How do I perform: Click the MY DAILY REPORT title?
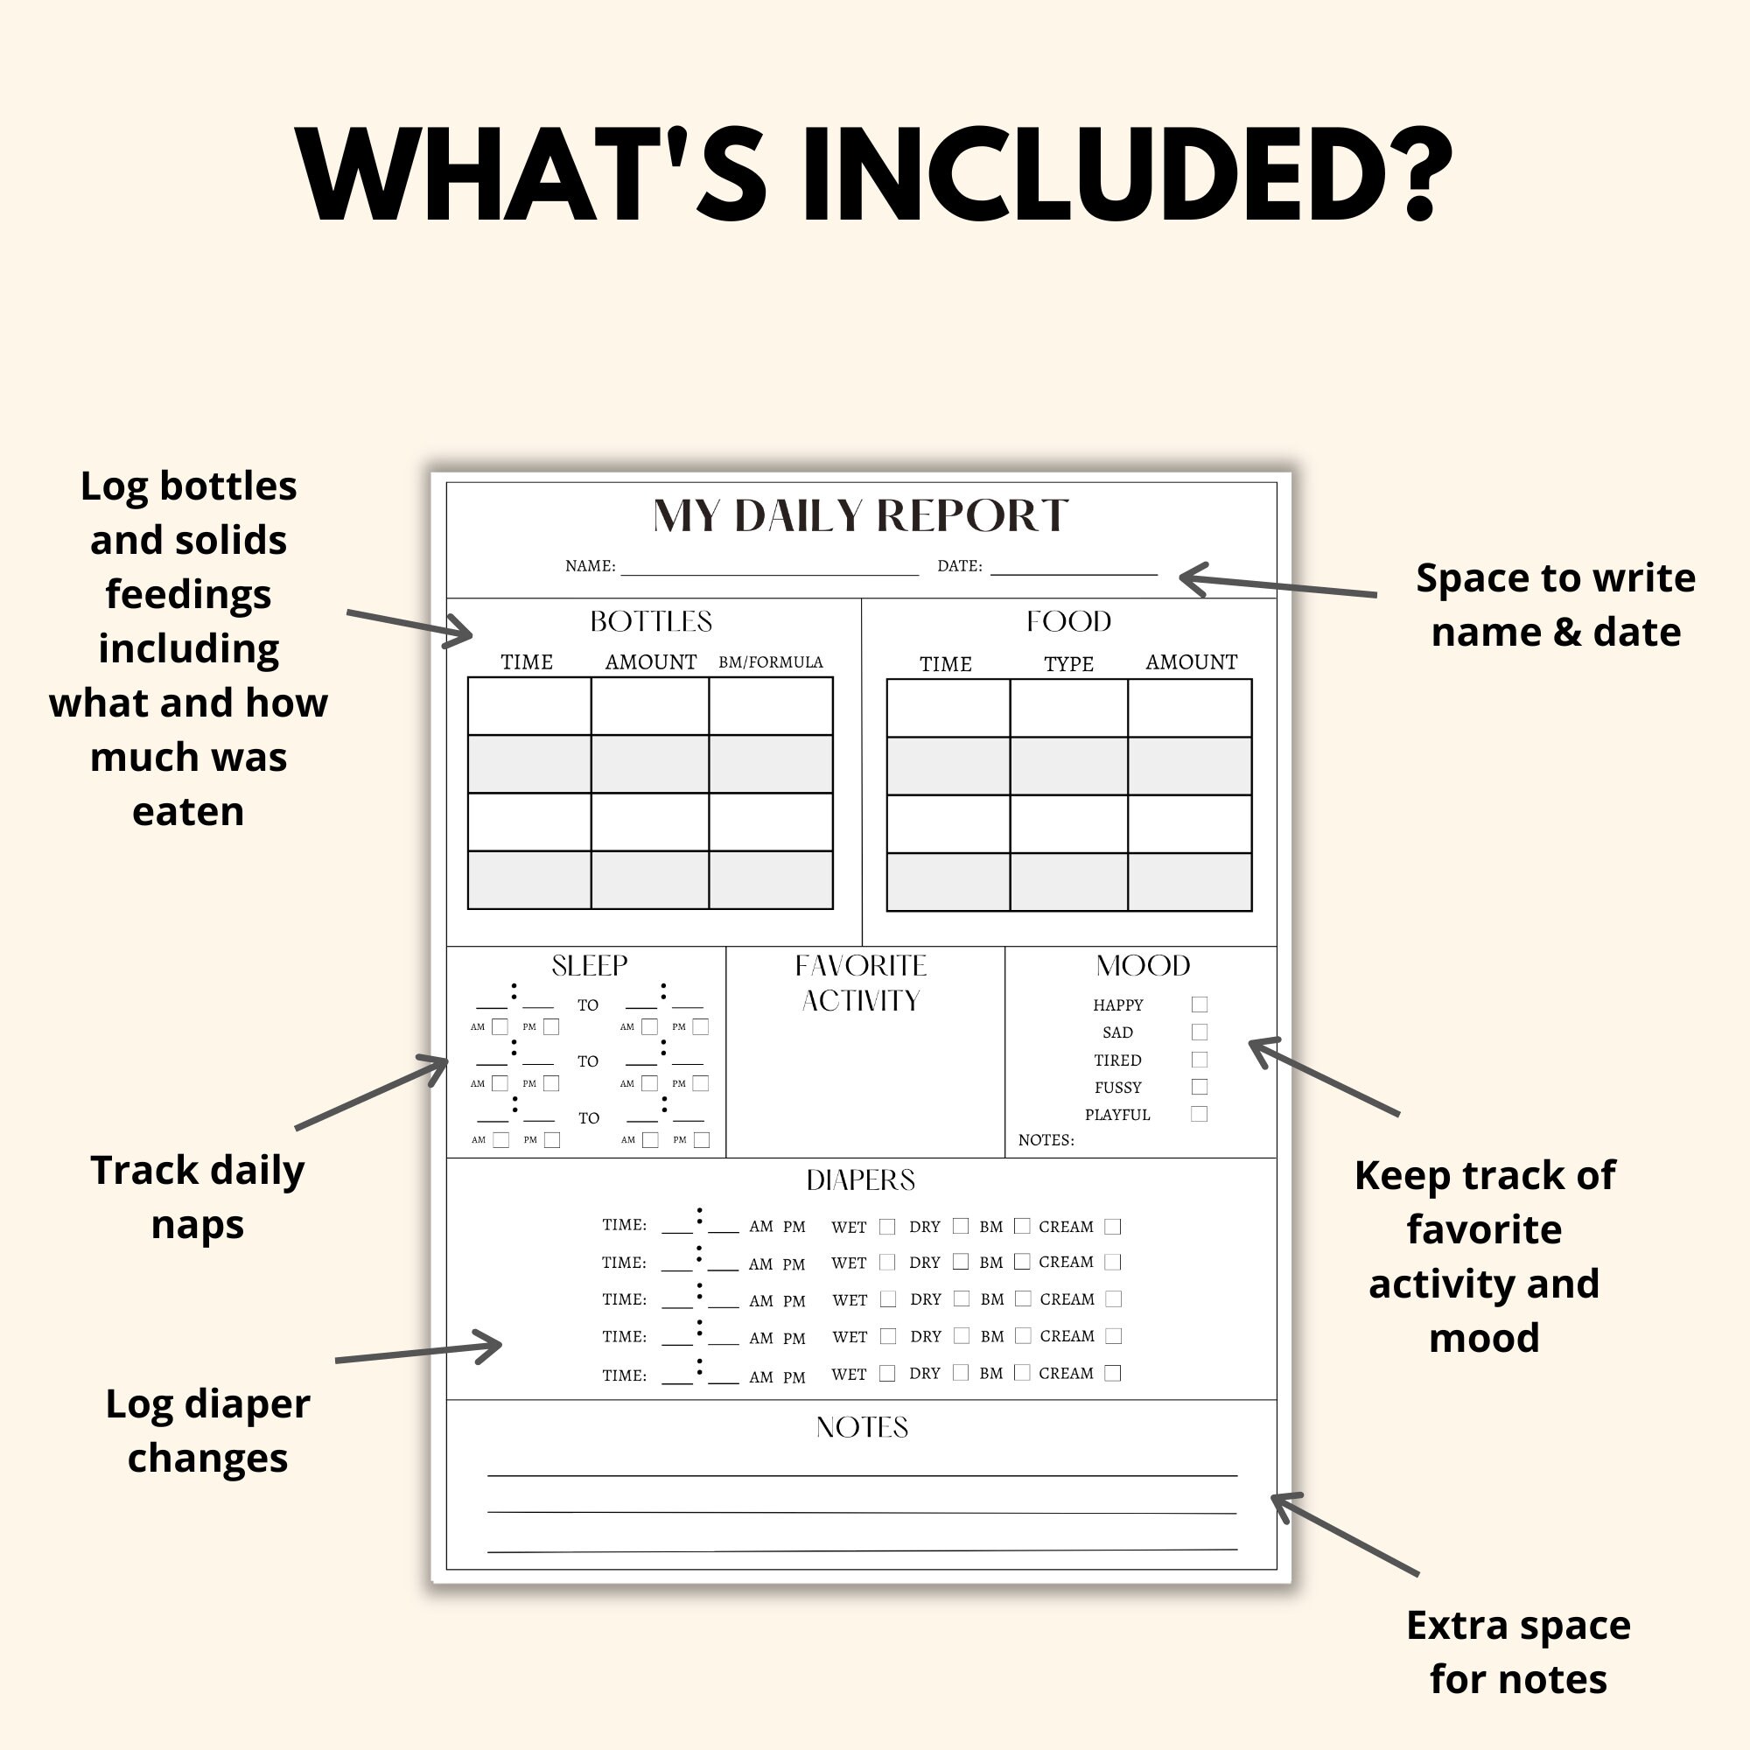click(860, 516)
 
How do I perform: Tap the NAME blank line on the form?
click(770, 570)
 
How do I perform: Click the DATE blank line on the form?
click(1074, 570)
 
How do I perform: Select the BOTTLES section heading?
click(651, 621)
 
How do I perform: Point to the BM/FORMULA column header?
click(771, 662)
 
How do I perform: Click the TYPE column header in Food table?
click(1069, 664)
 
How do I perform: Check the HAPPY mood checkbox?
click(1200, 1004)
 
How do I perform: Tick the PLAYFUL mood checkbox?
click(1200, 1114)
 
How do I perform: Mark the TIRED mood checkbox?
click(1200, 1060)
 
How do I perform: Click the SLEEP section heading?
click(590, 967)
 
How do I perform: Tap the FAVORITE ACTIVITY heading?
click(860, 983)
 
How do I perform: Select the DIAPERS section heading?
click(860, 1180)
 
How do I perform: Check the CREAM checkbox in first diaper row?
click(1113, 1227)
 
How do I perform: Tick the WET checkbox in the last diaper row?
click(887, 1373)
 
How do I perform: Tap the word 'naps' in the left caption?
click(198, 1226)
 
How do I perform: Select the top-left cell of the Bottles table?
click(529, 706)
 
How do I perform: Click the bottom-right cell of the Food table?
click(1189, 882)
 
